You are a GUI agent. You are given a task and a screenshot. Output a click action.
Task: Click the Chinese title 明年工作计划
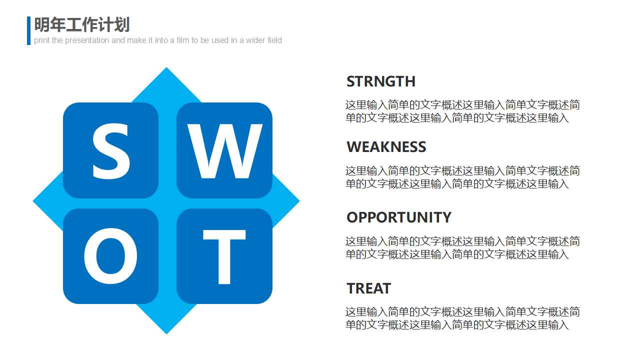tap(82, 24)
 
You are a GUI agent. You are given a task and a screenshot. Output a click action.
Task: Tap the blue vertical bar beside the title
tap(28, 30)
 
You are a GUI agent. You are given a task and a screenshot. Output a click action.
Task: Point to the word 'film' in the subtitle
tap(183, 40)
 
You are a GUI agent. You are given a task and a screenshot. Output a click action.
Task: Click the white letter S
tap(111, 151)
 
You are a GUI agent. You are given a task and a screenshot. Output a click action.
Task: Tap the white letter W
tap(224, 151)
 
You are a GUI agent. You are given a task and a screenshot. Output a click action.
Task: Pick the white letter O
tap(110, 256)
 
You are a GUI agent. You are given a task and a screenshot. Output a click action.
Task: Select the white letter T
tap(224, 256)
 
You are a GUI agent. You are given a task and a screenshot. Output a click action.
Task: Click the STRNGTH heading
tap(381, 81)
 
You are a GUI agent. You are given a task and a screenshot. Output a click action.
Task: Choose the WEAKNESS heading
tap(386, 147)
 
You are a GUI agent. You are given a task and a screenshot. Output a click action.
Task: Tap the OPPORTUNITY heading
tap(399, 217)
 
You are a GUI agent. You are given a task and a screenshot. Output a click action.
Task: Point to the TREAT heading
tap(368, 288)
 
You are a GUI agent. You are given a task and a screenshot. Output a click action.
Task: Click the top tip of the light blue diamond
tap(166, 67)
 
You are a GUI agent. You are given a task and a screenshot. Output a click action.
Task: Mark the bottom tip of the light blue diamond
tap(166, 334)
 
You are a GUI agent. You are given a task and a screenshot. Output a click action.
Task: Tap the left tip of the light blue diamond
tap(33, 201)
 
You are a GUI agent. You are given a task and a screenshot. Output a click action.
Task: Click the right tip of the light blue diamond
tap(299, 201)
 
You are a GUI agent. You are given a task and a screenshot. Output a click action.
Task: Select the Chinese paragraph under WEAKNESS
tap(462, 177)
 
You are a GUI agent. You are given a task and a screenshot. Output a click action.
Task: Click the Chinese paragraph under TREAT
tap(462, 318)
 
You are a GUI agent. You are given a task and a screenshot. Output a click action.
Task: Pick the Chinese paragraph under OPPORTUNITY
tap(462, 247)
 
